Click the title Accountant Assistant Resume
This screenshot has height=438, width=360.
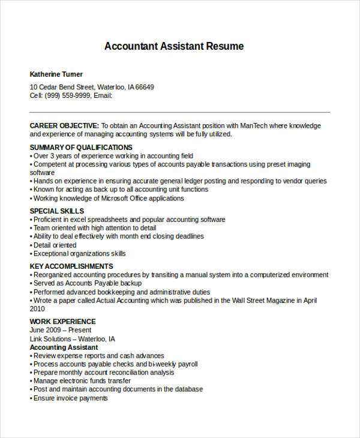pyautogui.click(x=174, y=46)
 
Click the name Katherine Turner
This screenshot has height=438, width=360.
pyautogui.click(x=56, y=74)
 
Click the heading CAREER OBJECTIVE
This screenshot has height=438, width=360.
pyautogui.click(x=64, y=126)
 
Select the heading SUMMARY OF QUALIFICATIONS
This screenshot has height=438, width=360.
pyautogui.click(x=81, y=147)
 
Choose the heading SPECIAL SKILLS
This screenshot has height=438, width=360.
pyautogui.click(x=57, y=211)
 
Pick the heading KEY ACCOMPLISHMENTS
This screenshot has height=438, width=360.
pyautogui.click(x=71, y=266)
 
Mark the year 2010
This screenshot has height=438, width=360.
pyautogui.click(x=37, y=308)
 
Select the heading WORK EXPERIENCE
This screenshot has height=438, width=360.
pyautogui.click(x=62, y=322)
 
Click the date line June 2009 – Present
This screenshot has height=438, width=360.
pyautogui.click(x=61, y=330)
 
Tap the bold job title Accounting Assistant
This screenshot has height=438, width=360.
pyautogui.click(x=64, y=347)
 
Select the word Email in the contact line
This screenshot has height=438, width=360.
pyautogui.click(x=103, y=95)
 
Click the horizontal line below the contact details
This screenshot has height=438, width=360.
pyautogui.click(x=180, y=112)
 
